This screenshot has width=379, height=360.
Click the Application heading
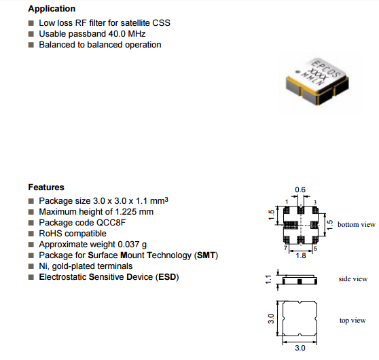pos(52,9)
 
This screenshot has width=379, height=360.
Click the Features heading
pos(46,187)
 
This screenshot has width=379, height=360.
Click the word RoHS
pos(50,234)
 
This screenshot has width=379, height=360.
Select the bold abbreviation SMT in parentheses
pos(206,255)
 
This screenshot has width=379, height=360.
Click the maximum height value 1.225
pos(126,212)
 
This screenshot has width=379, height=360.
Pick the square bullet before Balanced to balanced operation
pos(31,45)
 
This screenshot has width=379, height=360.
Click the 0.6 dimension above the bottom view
pos(300,190)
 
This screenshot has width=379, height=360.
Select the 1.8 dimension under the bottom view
pos(301,255)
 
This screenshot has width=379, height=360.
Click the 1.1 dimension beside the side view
pos(268,279)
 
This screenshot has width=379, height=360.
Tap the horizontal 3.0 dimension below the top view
pos(300,348)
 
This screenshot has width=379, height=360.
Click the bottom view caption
pos(357,225)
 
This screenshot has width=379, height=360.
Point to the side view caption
pos(353,279)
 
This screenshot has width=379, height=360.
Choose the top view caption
pos(353,321)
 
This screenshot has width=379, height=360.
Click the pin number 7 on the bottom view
pos(285,248)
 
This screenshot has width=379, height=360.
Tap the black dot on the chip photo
pos(297,71)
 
